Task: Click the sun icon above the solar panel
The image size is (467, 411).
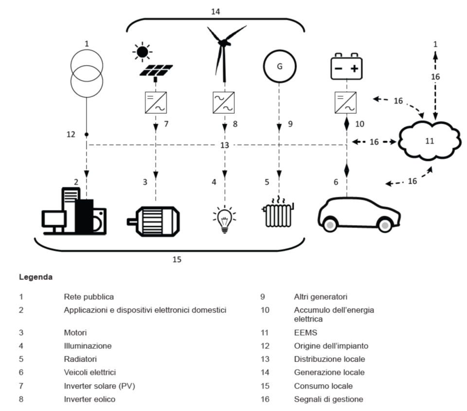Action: pos(143,52)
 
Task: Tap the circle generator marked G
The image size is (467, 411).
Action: pos(279,66)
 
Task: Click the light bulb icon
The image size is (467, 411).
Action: pos(225,219)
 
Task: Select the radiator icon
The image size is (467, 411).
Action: pos(278,212)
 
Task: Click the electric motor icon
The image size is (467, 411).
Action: pos(153,222)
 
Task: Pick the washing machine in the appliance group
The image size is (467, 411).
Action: pos(99,220)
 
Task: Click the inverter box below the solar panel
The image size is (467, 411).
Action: pos(156,103)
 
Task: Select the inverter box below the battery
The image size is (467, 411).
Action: pos(345,103)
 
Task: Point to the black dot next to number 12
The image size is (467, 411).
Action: pos(87,134)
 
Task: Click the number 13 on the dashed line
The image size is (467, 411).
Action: pos(225,145)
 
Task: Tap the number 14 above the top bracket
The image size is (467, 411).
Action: pos(216,12)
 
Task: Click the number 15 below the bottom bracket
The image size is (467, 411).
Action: pos(177,260)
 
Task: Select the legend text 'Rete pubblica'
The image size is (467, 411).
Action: pos(89,297)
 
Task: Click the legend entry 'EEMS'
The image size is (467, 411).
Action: pos(305,333)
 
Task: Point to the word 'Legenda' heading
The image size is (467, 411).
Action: pos(36,277)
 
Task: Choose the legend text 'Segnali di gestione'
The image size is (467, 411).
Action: pos(328,399)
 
